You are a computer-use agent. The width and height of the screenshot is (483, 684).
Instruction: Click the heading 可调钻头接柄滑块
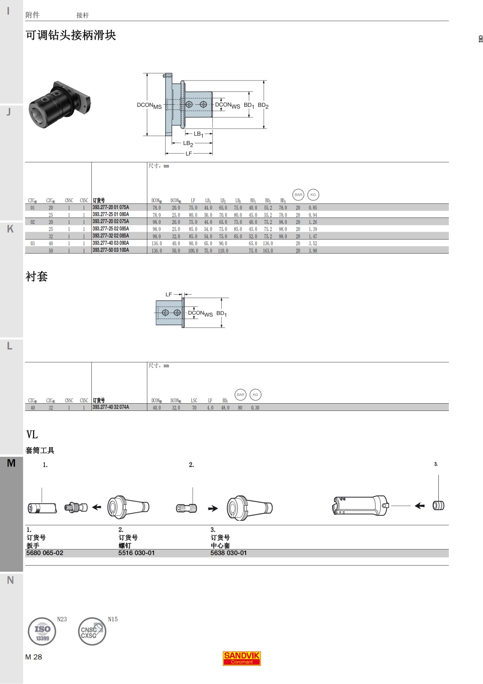(71, 35)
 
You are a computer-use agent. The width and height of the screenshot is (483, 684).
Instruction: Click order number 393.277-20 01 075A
(111, 207)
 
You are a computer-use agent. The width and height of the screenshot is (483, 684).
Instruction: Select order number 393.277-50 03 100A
(111, 250)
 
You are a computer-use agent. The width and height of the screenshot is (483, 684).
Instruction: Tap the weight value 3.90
(313, 251)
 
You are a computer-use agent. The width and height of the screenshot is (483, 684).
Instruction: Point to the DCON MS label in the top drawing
(149, 106)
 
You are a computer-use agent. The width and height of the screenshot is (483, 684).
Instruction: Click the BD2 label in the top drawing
(263, 106)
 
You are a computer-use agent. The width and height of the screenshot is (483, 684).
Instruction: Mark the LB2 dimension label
(188, 143)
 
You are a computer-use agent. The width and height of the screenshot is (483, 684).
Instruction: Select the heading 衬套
(37, 276)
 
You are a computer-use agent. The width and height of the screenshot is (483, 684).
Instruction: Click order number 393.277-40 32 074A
(111, 407)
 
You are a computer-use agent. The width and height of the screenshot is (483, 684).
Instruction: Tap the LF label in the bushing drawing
(169, 294)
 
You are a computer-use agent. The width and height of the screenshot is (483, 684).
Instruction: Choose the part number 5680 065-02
(45, 553)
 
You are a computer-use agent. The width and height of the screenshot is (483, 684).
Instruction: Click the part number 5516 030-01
(136, 553)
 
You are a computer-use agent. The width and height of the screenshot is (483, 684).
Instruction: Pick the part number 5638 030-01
(228, 553)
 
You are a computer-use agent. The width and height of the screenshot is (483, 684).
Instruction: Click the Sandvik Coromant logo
(242, 658)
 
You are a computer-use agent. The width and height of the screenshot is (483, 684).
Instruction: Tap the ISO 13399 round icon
(42, 631)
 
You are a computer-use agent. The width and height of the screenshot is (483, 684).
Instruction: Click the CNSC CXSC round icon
(92, 631)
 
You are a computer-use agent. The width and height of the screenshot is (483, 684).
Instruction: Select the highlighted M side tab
(11, 463)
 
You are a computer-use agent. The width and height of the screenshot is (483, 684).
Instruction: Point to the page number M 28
(33, 657)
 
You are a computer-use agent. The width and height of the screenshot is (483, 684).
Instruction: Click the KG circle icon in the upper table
(313, 195)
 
